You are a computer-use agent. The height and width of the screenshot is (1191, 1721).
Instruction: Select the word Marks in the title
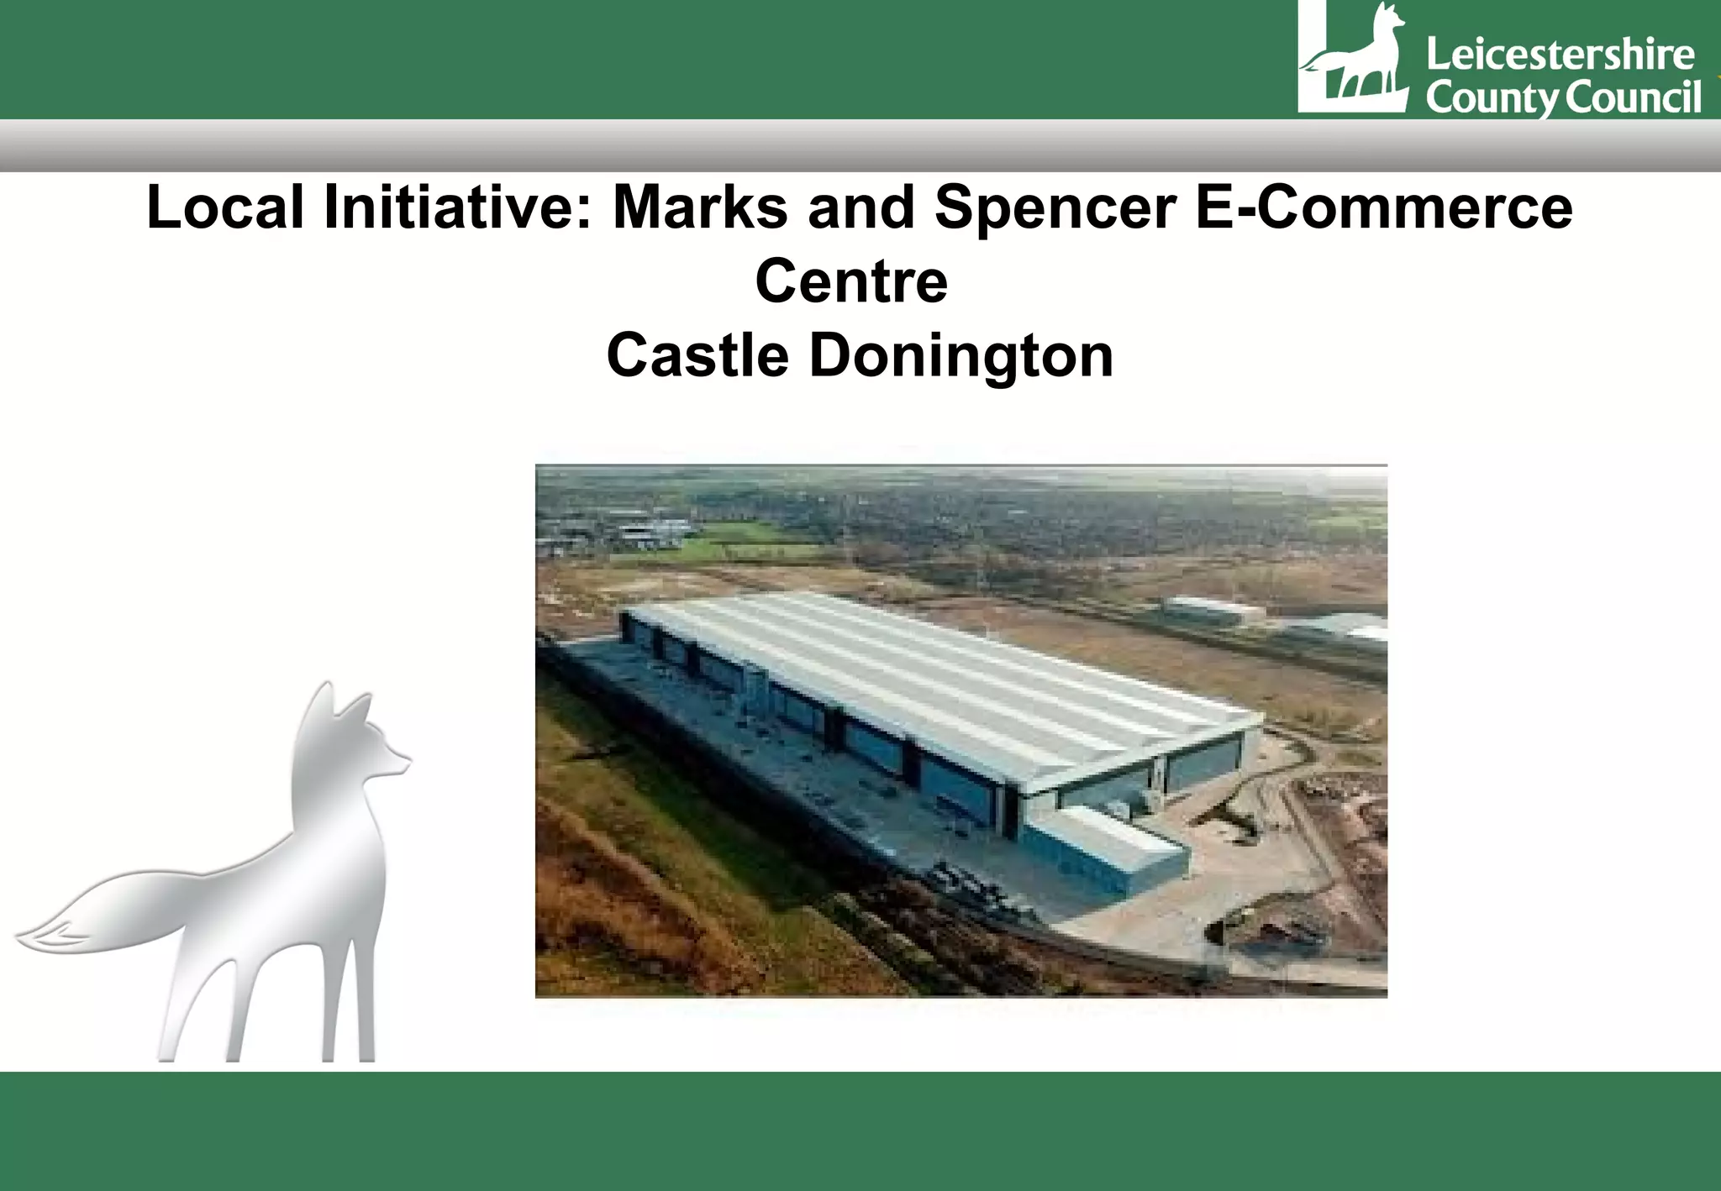[700, 207]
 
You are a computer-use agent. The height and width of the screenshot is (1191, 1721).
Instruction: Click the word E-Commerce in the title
[1383, 207]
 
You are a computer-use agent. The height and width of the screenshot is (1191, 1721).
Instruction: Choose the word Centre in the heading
[851, 281]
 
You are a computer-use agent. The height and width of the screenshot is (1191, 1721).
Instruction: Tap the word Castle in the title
[697, 355]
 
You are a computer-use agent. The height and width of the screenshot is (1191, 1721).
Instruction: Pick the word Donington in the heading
[961, 357]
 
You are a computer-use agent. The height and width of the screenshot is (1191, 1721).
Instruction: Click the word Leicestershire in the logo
[1560, 55]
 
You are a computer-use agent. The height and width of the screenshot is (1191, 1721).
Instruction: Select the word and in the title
[860, 207]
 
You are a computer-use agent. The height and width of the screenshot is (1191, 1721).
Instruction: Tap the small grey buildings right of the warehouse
[1210, 610]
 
